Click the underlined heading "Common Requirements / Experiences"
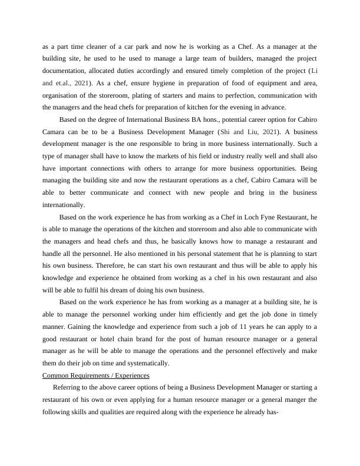point(96,375)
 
